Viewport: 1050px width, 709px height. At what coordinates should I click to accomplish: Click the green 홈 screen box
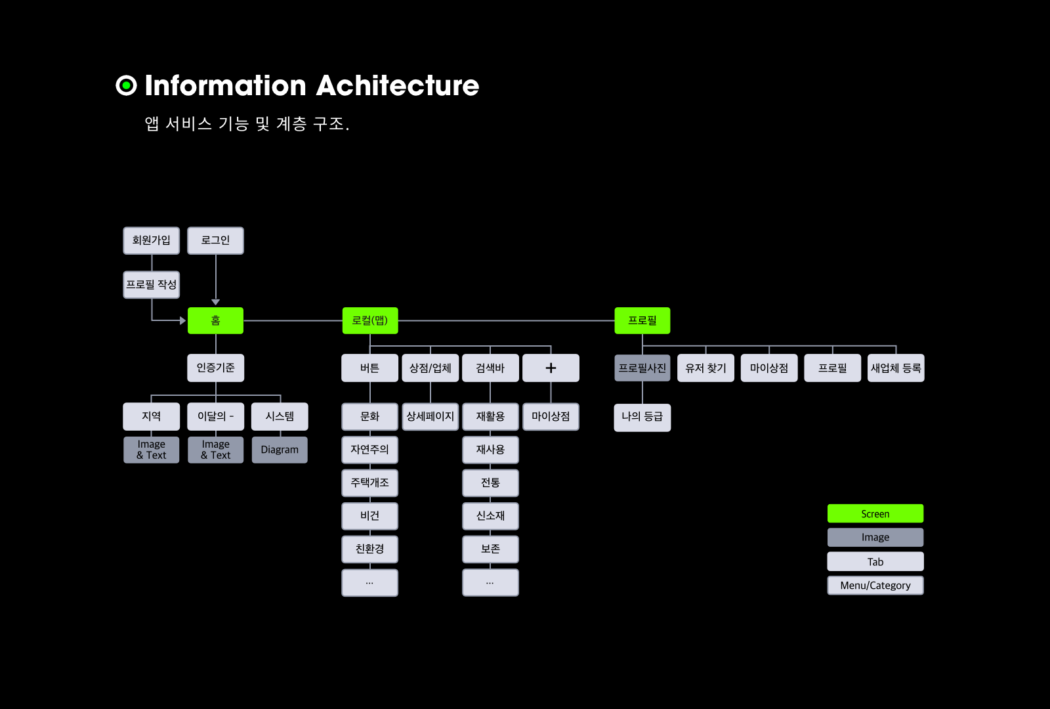pyautogui.click(x=215, y=320)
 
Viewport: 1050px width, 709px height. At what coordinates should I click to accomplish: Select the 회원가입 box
pyautogui.click(x=151, y=240)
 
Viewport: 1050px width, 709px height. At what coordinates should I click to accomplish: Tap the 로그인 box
pyautogui.click(x=215, y=240)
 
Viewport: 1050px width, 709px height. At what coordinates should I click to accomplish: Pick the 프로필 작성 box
pyautogui.click(x=151, y=284)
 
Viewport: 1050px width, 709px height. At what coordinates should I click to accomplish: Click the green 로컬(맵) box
pyautogui.click(x=370, y=320)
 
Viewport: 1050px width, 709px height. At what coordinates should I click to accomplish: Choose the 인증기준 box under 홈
pyautogui.click(x=215, y=368)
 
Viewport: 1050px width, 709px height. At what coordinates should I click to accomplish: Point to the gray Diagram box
pyautogui.click(x=280, y=450)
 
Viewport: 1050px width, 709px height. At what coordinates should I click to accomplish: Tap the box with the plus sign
pyautogui.click(x=551, y=368)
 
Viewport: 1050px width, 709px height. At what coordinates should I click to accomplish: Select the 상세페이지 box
pyautogui.click(x=430, y=416)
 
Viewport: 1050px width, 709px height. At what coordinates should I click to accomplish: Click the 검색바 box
pyautogui.click(x=490, y=368)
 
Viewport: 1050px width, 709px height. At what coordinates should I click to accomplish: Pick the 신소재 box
pyautogui.click(x=490, y=516)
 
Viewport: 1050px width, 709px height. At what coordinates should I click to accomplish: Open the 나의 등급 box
pyautogui.click(x=642, y=417)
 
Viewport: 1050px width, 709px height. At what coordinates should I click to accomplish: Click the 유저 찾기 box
pyautogui.click(x=705, y=368)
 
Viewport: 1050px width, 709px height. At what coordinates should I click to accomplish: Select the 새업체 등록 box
pyautogui.click(x=896, y=368)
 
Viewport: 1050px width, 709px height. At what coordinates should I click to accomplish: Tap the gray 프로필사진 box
pyautogui.click(x=642, y=368)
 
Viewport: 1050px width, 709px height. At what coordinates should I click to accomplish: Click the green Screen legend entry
pyautogui.click(x=875, y=513)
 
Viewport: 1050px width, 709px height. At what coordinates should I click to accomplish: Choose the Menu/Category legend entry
pyautogui.click(x=875, y=585)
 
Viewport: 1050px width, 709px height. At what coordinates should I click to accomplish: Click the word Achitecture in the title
pyautogui.click(x=398, y=85)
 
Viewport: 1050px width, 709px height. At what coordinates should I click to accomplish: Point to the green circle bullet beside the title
pyautogui.click(x=126, y=85)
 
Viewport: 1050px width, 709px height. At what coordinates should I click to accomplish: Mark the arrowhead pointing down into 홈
pyautogui.click(x=215, y=302)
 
